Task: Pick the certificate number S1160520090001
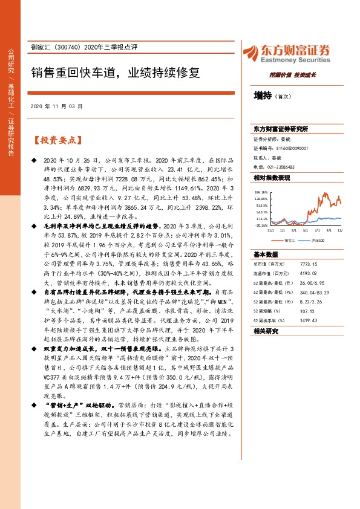coord(289,147)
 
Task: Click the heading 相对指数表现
coord(272,178)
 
